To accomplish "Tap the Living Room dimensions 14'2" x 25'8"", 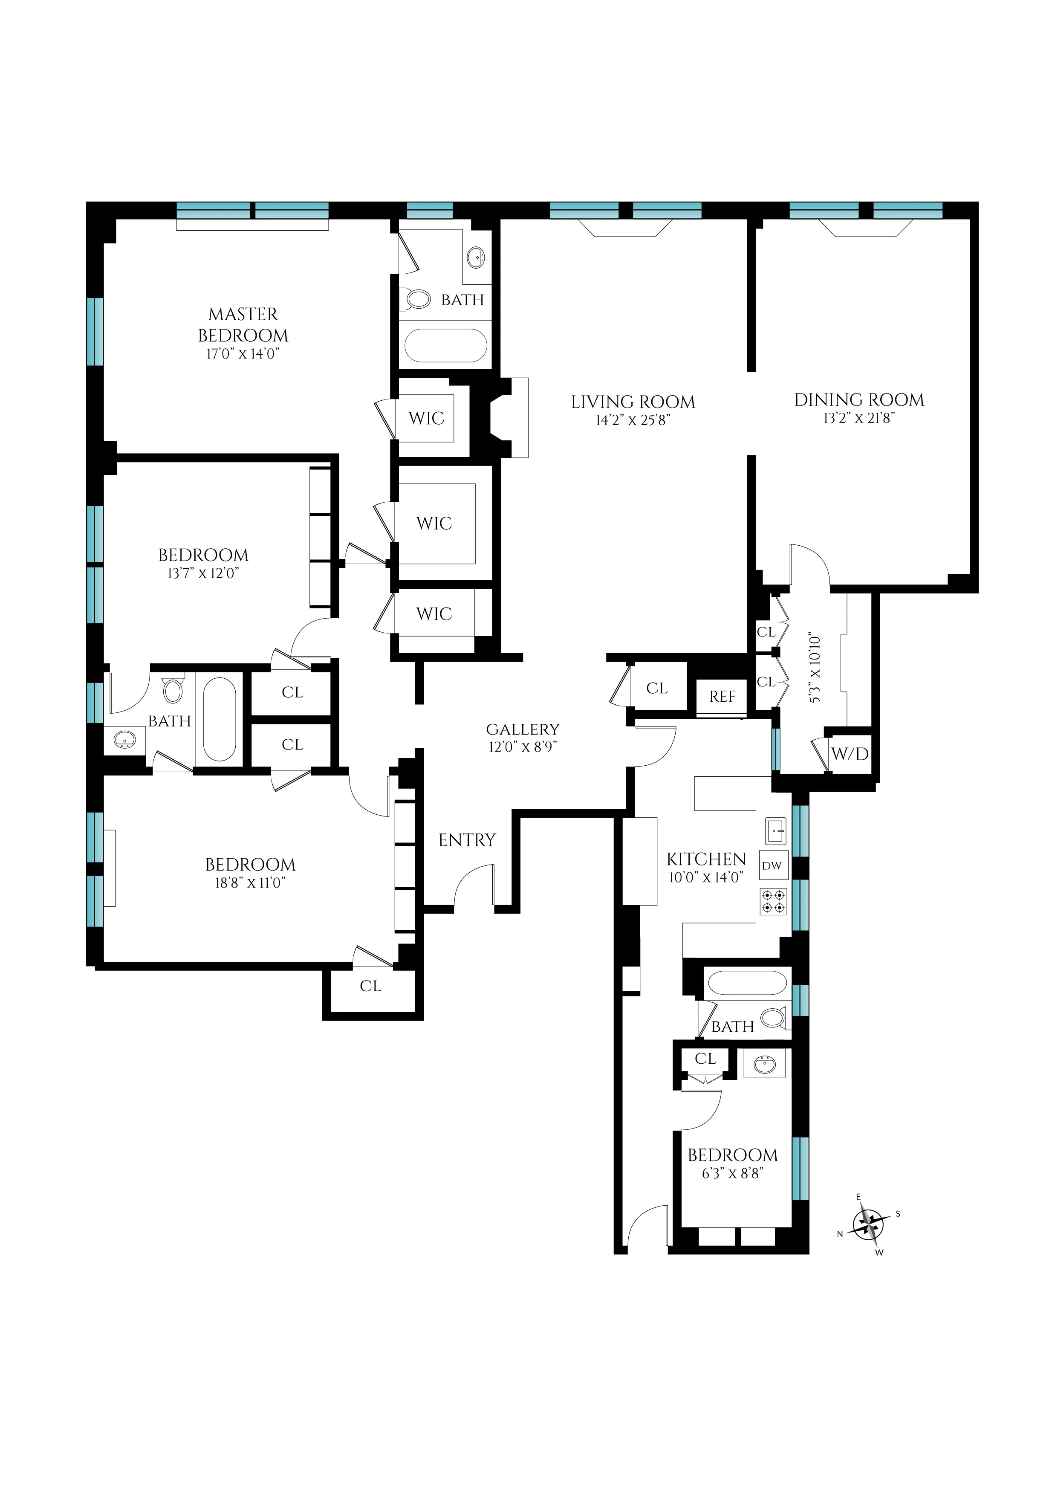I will tap(633, 421).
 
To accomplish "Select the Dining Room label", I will tap(858, 399).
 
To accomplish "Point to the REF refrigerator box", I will tap(722, 697).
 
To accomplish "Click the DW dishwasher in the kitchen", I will tap(772, 866).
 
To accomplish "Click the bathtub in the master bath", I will tap(445, 345).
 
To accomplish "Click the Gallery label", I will tap(523, 729).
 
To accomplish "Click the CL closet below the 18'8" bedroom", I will tap(370, 987).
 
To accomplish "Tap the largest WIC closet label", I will tap(434, 523).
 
